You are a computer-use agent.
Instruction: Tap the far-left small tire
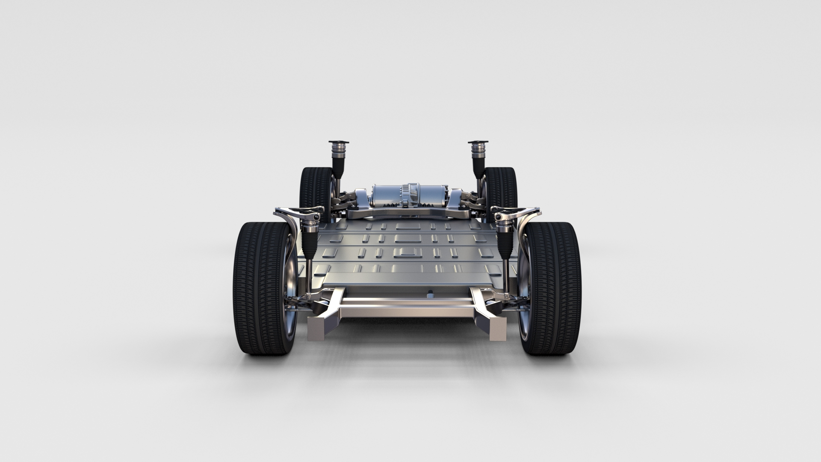[x=312, y=188]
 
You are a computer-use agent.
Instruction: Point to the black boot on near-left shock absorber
[x=308, y=240]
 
